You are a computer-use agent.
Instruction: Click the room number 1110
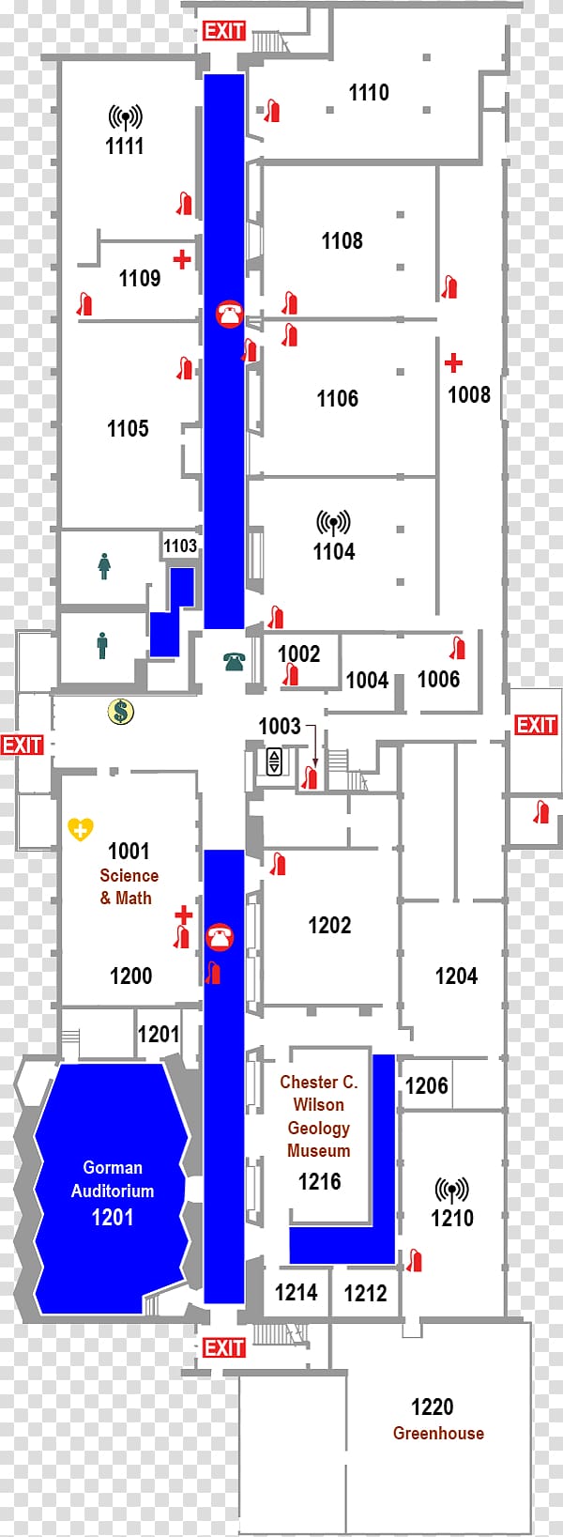coord(369,92)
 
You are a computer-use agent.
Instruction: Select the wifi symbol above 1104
coord(333,523)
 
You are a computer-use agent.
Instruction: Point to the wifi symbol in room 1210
coord(452,1190)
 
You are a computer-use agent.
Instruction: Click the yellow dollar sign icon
coord(121,712)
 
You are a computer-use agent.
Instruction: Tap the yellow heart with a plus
coord(81,829)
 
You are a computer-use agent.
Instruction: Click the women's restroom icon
coord(103,566)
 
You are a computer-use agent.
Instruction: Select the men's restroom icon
coord(102,646)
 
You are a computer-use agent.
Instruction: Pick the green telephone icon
coord(234,662)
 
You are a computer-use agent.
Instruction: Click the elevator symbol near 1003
coord(274,761)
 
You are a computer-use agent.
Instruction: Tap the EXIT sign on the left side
coord(22,745)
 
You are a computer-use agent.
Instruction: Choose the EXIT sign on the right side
coord(536,725)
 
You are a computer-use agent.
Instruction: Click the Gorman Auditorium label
coord(113,1179)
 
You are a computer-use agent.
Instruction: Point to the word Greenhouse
coord(438,1433)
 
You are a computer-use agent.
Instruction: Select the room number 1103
coord(179,546)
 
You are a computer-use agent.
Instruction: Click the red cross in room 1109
coord(182,259)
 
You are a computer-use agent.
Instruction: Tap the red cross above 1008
coord(453,363)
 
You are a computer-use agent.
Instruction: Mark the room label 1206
coord(426,1085)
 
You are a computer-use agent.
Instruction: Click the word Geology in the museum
coord(319,1128)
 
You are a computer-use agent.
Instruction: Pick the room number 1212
coord(366,1294)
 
